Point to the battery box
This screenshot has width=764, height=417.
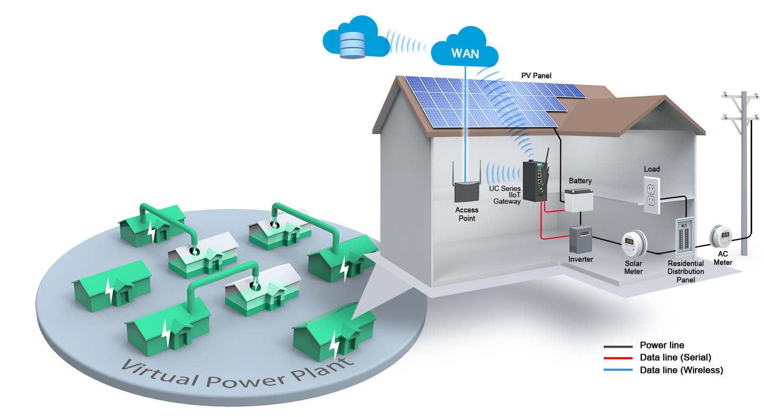pos(578,201)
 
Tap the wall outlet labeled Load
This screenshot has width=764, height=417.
pos(652,194)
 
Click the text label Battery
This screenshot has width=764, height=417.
pos(580,181)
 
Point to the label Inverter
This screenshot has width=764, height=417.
pos(580,259)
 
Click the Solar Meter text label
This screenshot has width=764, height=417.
pos(633,267)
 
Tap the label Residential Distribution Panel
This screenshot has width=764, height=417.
pos(686,271)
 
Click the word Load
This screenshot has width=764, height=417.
pos(652,169)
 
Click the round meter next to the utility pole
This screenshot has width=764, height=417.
pos(722,235)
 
